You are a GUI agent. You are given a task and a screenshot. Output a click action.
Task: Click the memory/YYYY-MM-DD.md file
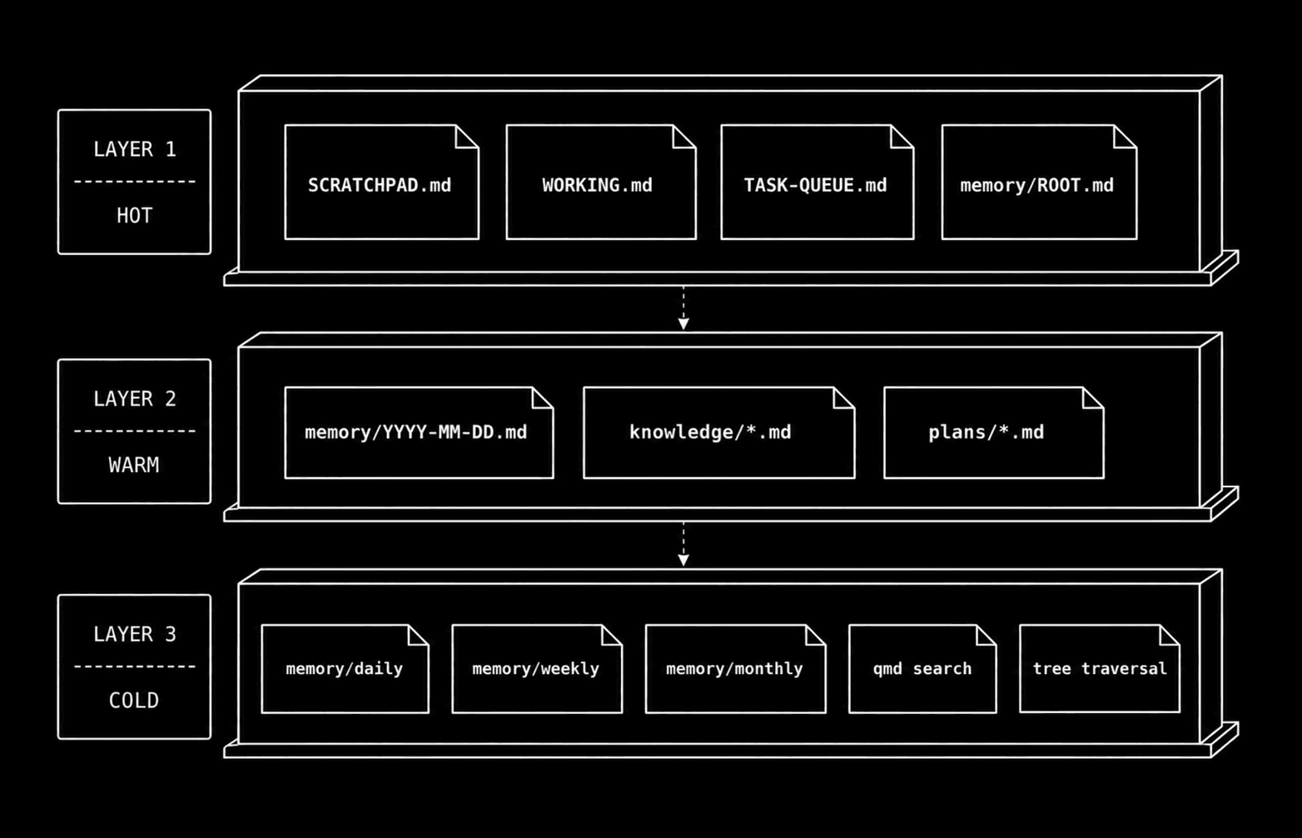click(419, 432)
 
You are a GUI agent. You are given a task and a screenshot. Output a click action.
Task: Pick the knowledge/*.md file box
click(719, 432)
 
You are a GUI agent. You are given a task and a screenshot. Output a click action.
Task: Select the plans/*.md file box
click(994, 432)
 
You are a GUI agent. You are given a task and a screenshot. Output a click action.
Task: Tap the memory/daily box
click(345, 669)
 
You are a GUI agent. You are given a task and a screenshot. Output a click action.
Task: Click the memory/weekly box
click(537, 669)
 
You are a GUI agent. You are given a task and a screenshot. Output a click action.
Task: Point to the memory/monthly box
click(736, 669)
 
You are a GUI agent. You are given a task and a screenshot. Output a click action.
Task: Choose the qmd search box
click(922, 669)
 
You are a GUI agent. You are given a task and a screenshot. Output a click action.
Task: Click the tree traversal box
click(1100, 669)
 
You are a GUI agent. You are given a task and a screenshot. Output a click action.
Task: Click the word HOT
click(134, 217)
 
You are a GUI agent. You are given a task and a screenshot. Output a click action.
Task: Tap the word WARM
click(134, 466)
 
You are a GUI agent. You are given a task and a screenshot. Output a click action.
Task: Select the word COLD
click(134, 701)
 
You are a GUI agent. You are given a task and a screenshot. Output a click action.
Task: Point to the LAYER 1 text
click(134, 149)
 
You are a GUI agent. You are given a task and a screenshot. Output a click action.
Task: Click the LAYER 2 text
click(134, 399)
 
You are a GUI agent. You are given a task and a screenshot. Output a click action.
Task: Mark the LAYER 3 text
click(134, 634)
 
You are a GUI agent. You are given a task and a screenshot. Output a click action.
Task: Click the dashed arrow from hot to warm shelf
click(683, 308)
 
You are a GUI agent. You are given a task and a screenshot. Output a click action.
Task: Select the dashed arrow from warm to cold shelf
click(683, 544)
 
